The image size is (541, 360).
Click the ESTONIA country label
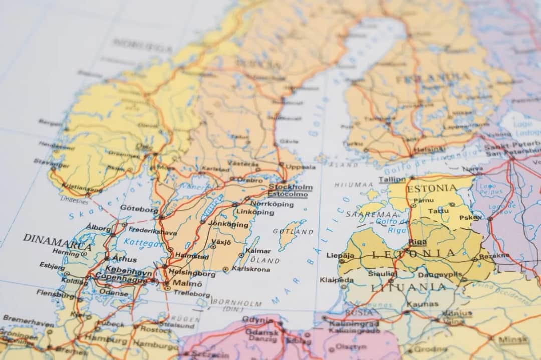coord(431,189)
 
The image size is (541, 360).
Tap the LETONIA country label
coord(414,254)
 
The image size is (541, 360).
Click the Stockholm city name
coord(290,187)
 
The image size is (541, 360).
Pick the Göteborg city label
coord(139,209)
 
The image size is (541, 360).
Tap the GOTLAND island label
coord(293,232)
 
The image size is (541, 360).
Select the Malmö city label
coord(187,283)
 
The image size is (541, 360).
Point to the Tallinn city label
coord(392,179)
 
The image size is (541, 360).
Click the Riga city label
coord(418,242)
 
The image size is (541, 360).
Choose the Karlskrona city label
coord(251,269)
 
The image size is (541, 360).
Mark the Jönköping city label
coord(228,224)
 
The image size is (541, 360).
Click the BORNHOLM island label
coord(237,303)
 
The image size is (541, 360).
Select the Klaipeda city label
coord(333,279)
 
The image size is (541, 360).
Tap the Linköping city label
coord(255,212)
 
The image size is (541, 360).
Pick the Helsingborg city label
coord(192,274)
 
